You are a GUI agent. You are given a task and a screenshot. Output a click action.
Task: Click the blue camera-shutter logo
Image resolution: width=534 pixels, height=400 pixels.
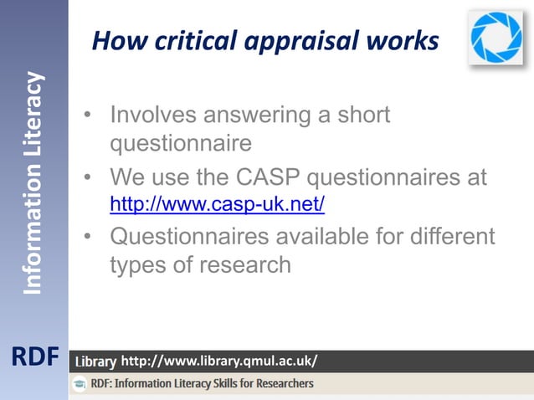495,37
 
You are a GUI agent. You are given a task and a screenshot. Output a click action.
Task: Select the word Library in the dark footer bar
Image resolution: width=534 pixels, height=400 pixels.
95,362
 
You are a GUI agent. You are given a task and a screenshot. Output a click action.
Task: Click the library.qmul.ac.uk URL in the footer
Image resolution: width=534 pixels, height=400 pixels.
219,362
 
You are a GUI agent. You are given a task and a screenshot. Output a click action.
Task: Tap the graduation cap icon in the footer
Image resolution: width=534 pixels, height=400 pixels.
80,384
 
